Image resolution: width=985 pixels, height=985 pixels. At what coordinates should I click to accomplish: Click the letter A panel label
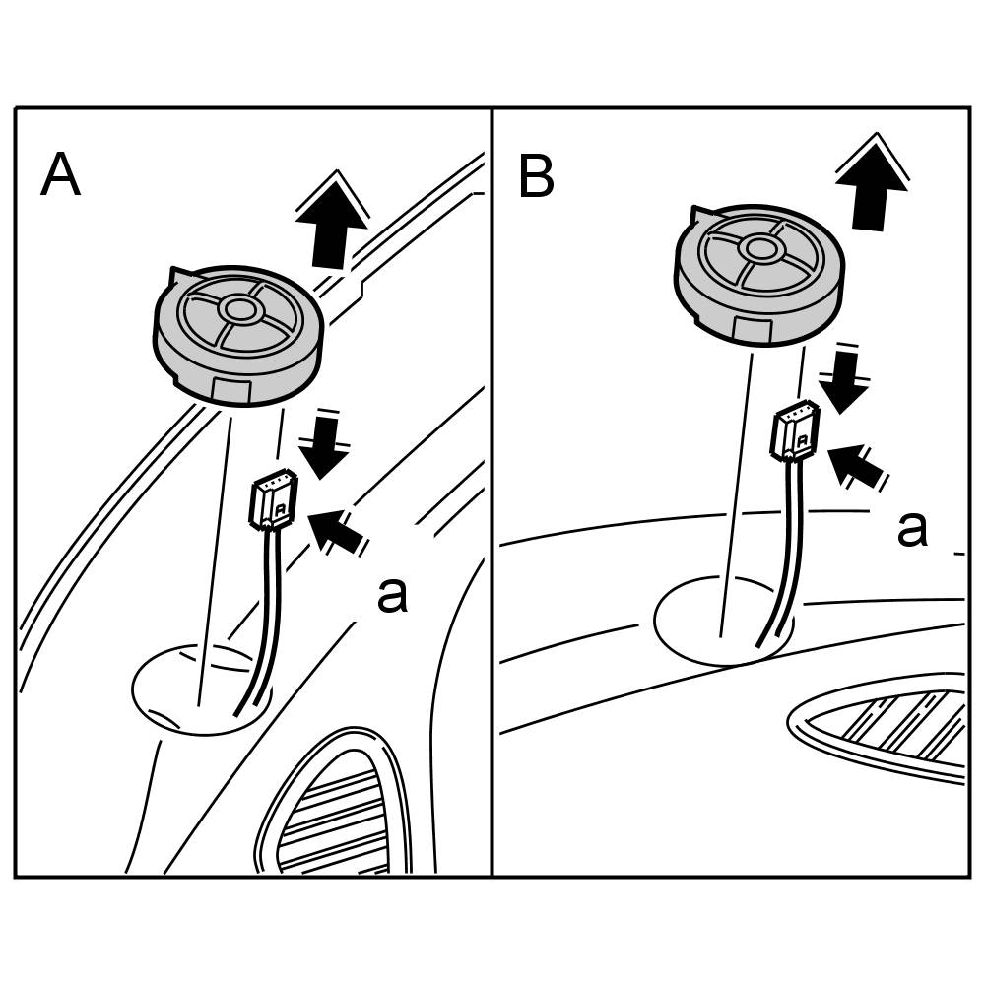point(61,176)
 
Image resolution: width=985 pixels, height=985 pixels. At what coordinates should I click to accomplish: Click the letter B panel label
point(536,177)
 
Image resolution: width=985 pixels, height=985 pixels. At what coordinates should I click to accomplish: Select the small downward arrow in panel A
point(324,448)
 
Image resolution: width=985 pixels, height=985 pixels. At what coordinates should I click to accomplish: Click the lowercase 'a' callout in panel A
point(392,594)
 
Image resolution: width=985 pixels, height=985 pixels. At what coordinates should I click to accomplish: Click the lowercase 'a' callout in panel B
point(911,528)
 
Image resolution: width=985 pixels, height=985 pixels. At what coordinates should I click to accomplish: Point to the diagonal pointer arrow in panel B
point(855,464)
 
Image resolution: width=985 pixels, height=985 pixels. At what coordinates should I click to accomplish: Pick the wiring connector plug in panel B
point(795,431)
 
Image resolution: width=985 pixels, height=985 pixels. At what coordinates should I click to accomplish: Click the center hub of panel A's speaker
point(237,309)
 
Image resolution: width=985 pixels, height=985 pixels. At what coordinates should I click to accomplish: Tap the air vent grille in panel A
point(340,808)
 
